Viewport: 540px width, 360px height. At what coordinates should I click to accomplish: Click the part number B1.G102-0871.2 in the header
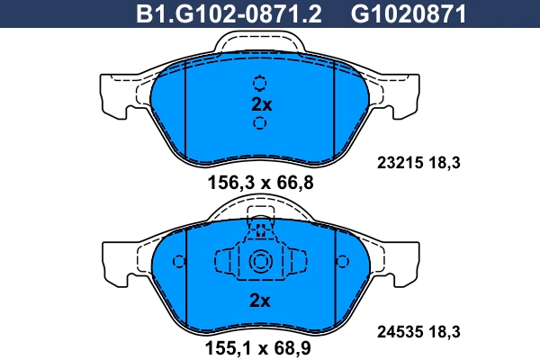pos(228,13)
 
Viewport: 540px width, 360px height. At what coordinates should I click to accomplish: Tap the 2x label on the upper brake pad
pos(261,103)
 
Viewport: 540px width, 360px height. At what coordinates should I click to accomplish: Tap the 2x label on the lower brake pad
pos(260,301)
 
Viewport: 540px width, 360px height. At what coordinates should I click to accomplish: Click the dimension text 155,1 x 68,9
pos(260,343)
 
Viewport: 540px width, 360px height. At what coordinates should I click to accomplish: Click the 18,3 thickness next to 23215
pos(444,164)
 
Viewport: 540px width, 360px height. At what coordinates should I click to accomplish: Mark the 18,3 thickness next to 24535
pos(444,332)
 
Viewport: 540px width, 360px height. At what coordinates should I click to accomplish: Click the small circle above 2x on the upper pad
pos(260,84)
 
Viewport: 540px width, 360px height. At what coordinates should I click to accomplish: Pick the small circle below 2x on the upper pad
pos(260,123)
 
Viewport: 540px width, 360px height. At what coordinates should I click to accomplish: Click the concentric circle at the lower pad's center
pos(260,262)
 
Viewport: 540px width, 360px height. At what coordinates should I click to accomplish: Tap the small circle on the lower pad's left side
pos(178,262)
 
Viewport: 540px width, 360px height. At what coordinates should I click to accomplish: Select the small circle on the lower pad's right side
pos(342,262)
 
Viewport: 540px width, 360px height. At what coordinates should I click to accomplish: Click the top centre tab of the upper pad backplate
pos(260,41)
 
